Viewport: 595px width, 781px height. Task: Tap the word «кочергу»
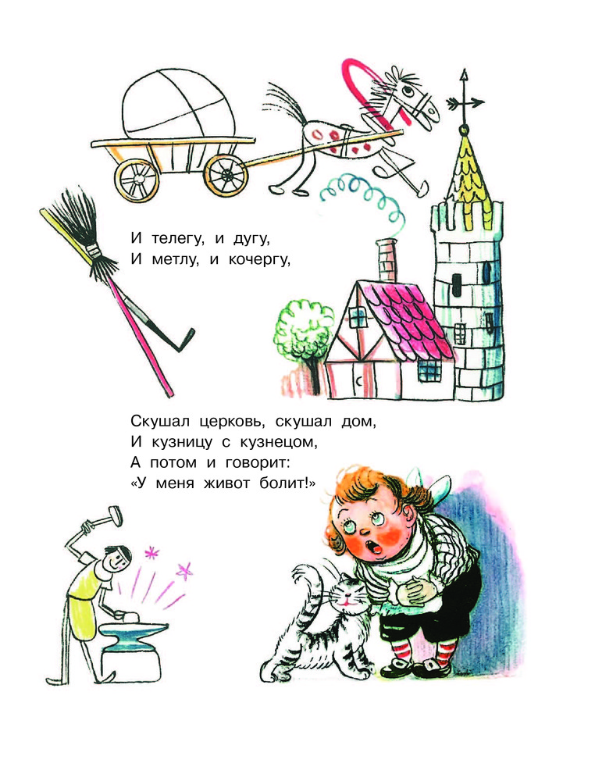click(258, 259)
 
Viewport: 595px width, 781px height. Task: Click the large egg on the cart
click(176, 105)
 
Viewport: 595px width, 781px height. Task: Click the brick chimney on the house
click(387, 260)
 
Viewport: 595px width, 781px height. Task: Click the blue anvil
click(134, 633)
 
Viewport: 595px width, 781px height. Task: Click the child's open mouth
click(374, 546)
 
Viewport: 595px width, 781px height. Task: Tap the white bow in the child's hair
click(428, 487)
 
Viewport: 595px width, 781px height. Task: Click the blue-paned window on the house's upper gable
click(358, 316)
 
